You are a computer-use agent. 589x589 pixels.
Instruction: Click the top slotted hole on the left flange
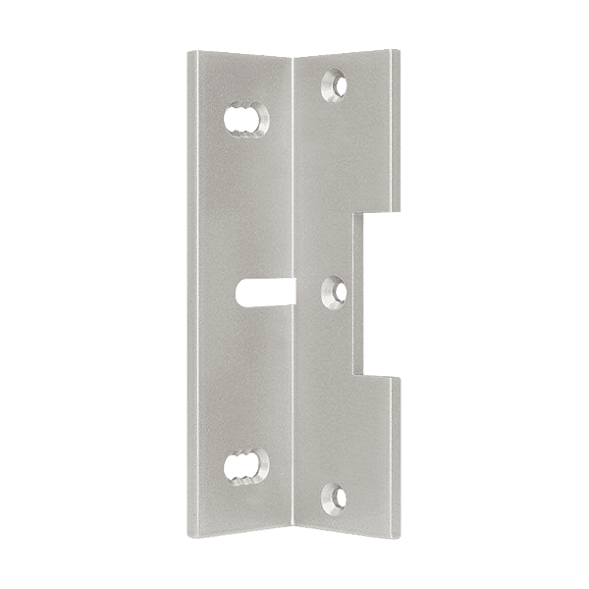tap(245, 119)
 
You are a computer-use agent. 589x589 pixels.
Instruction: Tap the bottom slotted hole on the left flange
tap(245, 469)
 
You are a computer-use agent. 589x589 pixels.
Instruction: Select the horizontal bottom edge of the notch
tap(383, 375)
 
